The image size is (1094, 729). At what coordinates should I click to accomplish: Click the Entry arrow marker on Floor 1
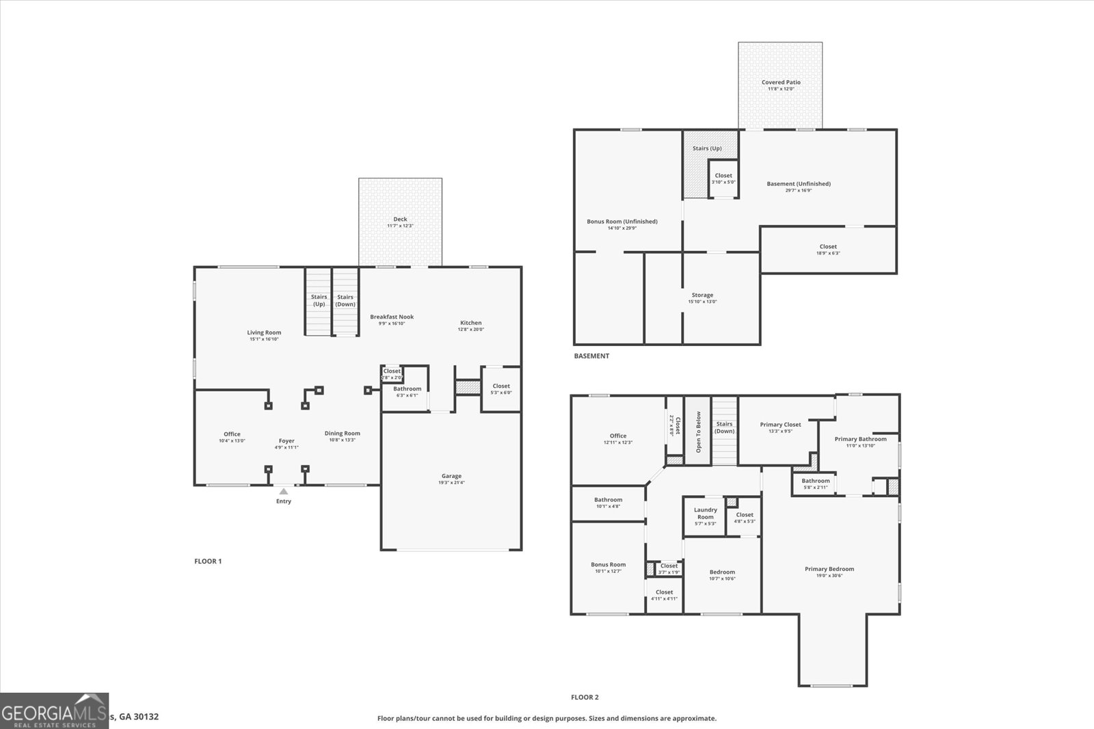[x=283, y=491]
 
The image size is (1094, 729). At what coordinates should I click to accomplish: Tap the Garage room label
[x=451, y=476]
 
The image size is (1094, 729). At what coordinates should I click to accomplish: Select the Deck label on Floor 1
[x=400, y=219]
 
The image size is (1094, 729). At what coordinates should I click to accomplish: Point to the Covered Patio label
[x=781, y=82]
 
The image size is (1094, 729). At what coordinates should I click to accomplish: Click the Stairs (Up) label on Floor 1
[x=319, y=300]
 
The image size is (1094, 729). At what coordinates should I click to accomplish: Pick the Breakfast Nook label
[x=392, y=317]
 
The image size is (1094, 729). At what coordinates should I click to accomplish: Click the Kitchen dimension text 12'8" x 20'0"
[x=470, y=330]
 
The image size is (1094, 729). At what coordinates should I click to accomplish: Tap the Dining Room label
[x=342, y=433]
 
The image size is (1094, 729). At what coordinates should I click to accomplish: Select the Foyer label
[x=286, y=441]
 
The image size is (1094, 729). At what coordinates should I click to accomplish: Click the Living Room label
[x=264, y=332]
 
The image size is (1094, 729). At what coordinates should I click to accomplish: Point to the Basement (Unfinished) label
[x=799, y=183]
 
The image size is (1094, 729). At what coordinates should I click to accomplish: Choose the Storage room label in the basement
[x=702, y=295]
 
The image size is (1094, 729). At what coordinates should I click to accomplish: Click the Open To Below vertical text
[x=698, y=432]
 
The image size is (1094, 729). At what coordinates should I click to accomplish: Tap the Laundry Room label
[x=706, y=513]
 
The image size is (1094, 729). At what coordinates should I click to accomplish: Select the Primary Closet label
[x=780, y=425]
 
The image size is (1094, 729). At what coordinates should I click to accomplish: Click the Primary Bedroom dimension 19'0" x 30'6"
[x=829, y=576]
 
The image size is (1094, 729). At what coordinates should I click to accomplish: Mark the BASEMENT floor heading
[x=591, y=356]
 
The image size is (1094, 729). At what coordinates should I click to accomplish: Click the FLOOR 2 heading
[x=585, y=697]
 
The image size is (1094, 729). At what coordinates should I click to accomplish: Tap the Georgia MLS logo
[x=54, y=711]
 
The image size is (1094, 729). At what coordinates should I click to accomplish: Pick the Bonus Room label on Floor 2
[x=608, y=565]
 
